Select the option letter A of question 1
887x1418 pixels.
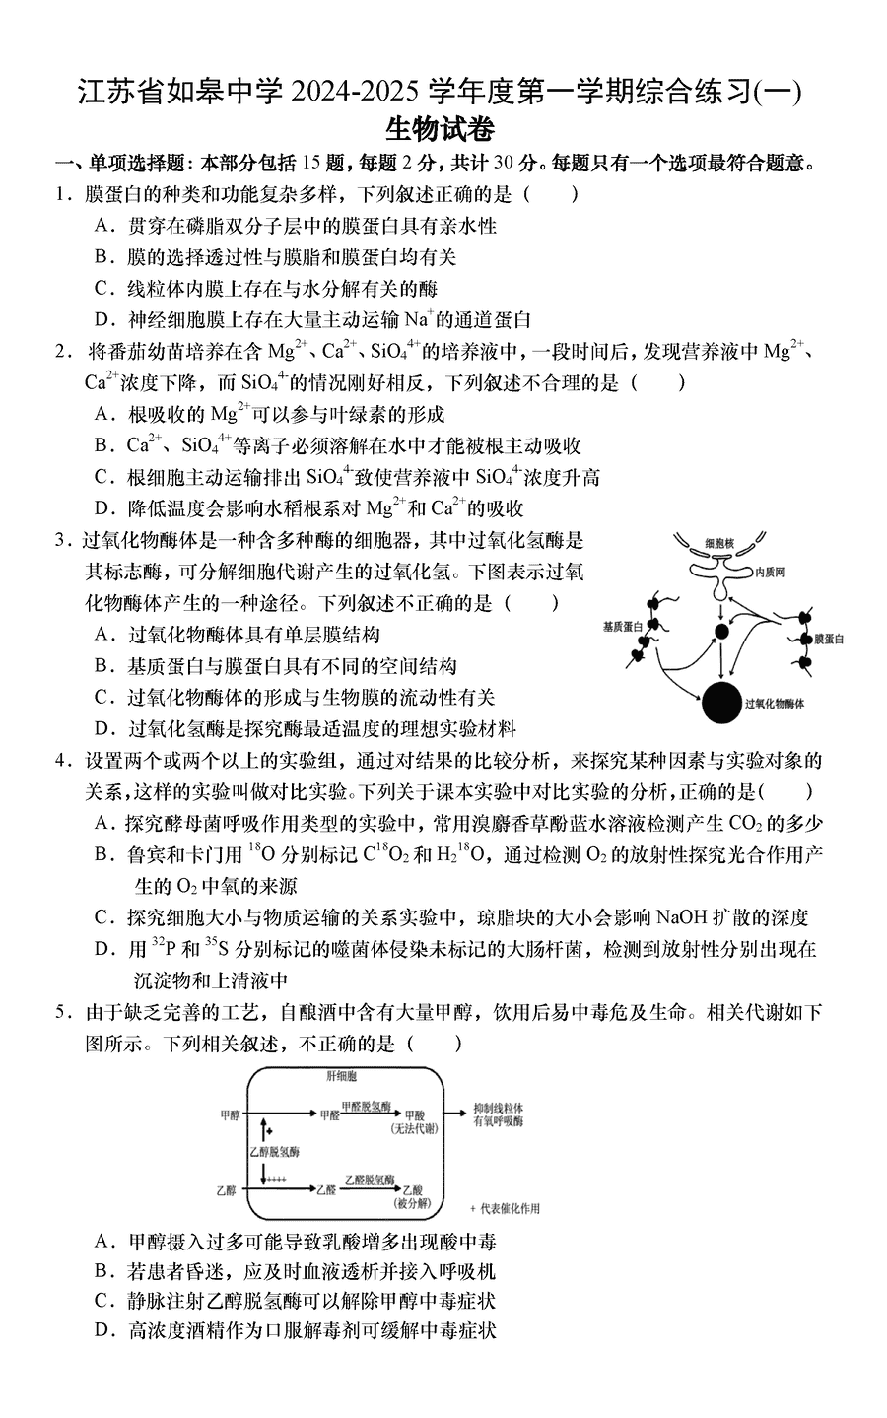(102, 226)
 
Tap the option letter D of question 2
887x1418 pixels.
(102, 508)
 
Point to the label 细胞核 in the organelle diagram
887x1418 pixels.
(719, 543)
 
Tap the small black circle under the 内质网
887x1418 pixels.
(721, 631)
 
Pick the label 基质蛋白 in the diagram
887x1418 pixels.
(623, 626)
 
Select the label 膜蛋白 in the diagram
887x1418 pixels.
(829, 640)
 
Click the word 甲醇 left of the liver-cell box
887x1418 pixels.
(229, 1114)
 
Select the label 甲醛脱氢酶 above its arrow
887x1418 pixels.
(367, 1106)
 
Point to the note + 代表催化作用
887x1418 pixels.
(506, 1208)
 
